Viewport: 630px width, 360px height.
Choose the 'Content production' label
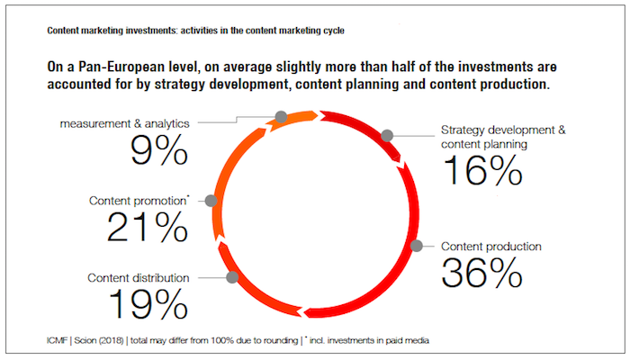pyautogui.click(x=491, y=246)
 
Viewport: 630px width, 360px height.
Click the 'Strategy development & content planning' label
pyautogui.click(x=503, y=136)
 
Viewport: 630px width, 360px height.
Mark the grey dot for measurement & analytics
pyautogui.click(x=281, y=117)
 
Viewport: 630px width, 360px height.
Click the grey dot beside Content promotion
pyautogui.click(x=211, y=201)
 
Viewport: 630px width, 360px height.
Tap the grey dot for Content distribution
pyautogui.click(x=232, y=277)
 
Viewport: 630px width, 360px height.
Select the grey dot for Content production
pyautogui.click(x=416, y=246)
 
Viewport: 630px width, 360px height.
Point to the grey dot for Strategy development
pyautogui.click(x=387, y=136)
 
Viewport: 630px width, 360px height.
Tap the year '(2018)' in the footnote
pyautogui.click(x=130, y=339)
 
